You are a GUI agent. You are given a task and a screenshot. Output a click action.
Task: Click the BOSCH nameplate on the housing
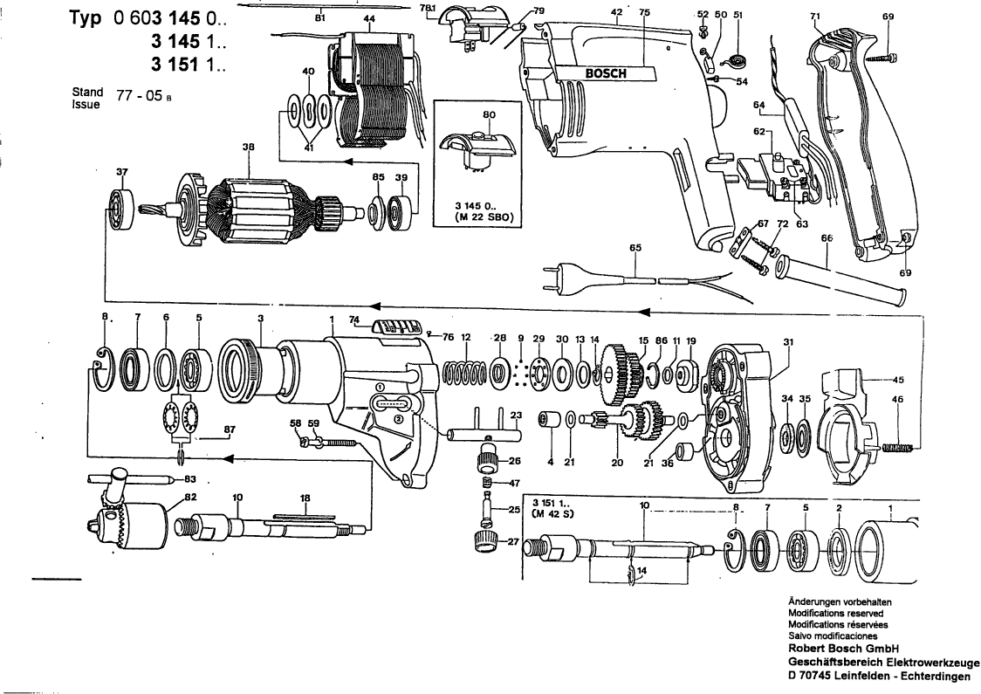coord(605,73)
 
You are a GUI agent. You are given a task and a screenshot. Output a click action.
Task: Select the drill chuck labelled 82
coord(130,517)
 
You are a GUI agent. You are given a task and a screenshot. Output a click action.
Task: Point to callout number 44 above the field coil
coord(370,18)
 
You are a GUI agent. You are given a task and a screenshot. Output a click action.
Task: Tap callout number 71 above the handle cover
coord(815,17)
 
